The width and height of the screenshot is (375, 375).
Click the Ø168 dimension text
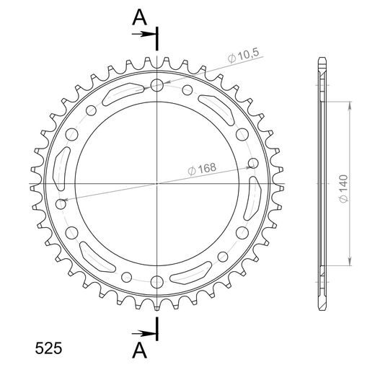[202, 169]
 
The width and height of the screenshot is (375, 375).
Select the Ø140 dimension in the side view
[343, 189]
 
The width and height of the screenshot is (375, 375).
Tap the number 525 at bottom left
[48, 348]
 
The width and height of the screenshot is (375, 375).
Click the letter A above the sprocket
[139, 17]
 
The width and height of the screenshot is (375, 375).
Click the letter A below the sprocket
[139, 350]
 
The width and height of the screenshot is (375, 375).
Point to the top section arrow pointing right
[144, 34]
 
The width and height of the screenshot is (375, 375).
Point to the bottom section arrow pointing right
[144, 333]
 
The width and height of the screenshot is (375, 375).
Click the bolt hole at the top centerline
[157, 85]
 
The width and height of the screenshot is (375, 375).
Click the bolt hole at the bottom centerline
[157, 282]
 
